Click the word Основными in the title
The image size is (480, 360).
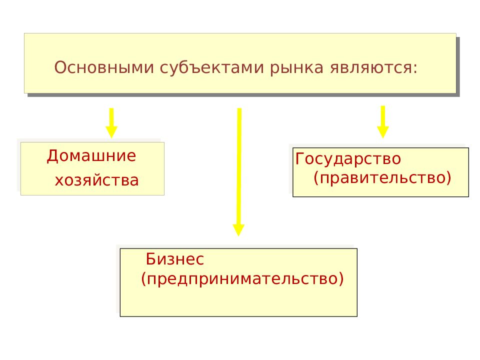click(104, 67)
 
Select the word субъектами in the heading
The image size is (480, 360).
click(211, 68)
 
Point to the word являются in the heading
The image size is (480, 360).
click(370, 68)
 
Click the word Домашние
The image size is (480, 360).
click(91, 156)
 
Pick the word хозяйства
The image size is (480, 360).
click(96, 180)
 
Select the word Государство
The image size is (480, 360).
click(348, 159)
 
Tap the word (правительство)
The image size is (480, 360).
click(382, 178)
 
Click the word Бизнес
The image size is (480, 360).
click(175, 259)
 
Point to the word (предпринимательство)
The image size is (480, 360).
click(242, 279)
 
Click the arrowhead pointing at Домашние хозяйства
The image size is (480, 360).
click(111, 131)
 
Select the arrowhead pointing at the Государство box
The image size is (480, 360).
click(382, 131)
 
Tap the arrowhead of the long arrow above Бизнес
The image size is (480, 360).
click(238, 230)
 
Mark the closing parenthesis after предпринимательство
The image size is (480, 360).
click(340, 279)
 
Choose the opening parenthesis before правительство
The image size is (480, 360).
click(316, 178)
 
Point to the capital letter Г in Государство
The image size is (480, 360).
click(299, 158)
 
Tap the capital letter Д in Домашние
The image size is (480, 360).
click(52, 156)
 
